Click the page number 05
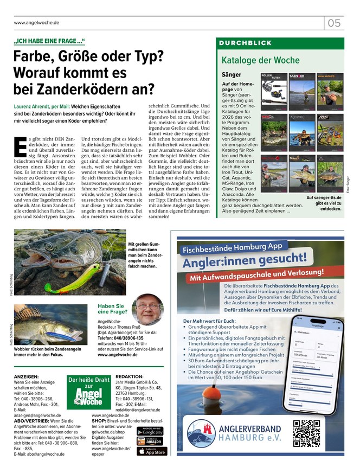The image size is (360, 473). click(334, 23)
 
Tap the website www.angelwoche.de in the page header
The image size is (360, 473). click(36, 23)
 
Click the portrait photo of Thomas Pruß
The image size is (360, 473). click(147, 309)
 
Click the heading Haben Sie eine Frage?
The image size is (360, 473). click(112, 309)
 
